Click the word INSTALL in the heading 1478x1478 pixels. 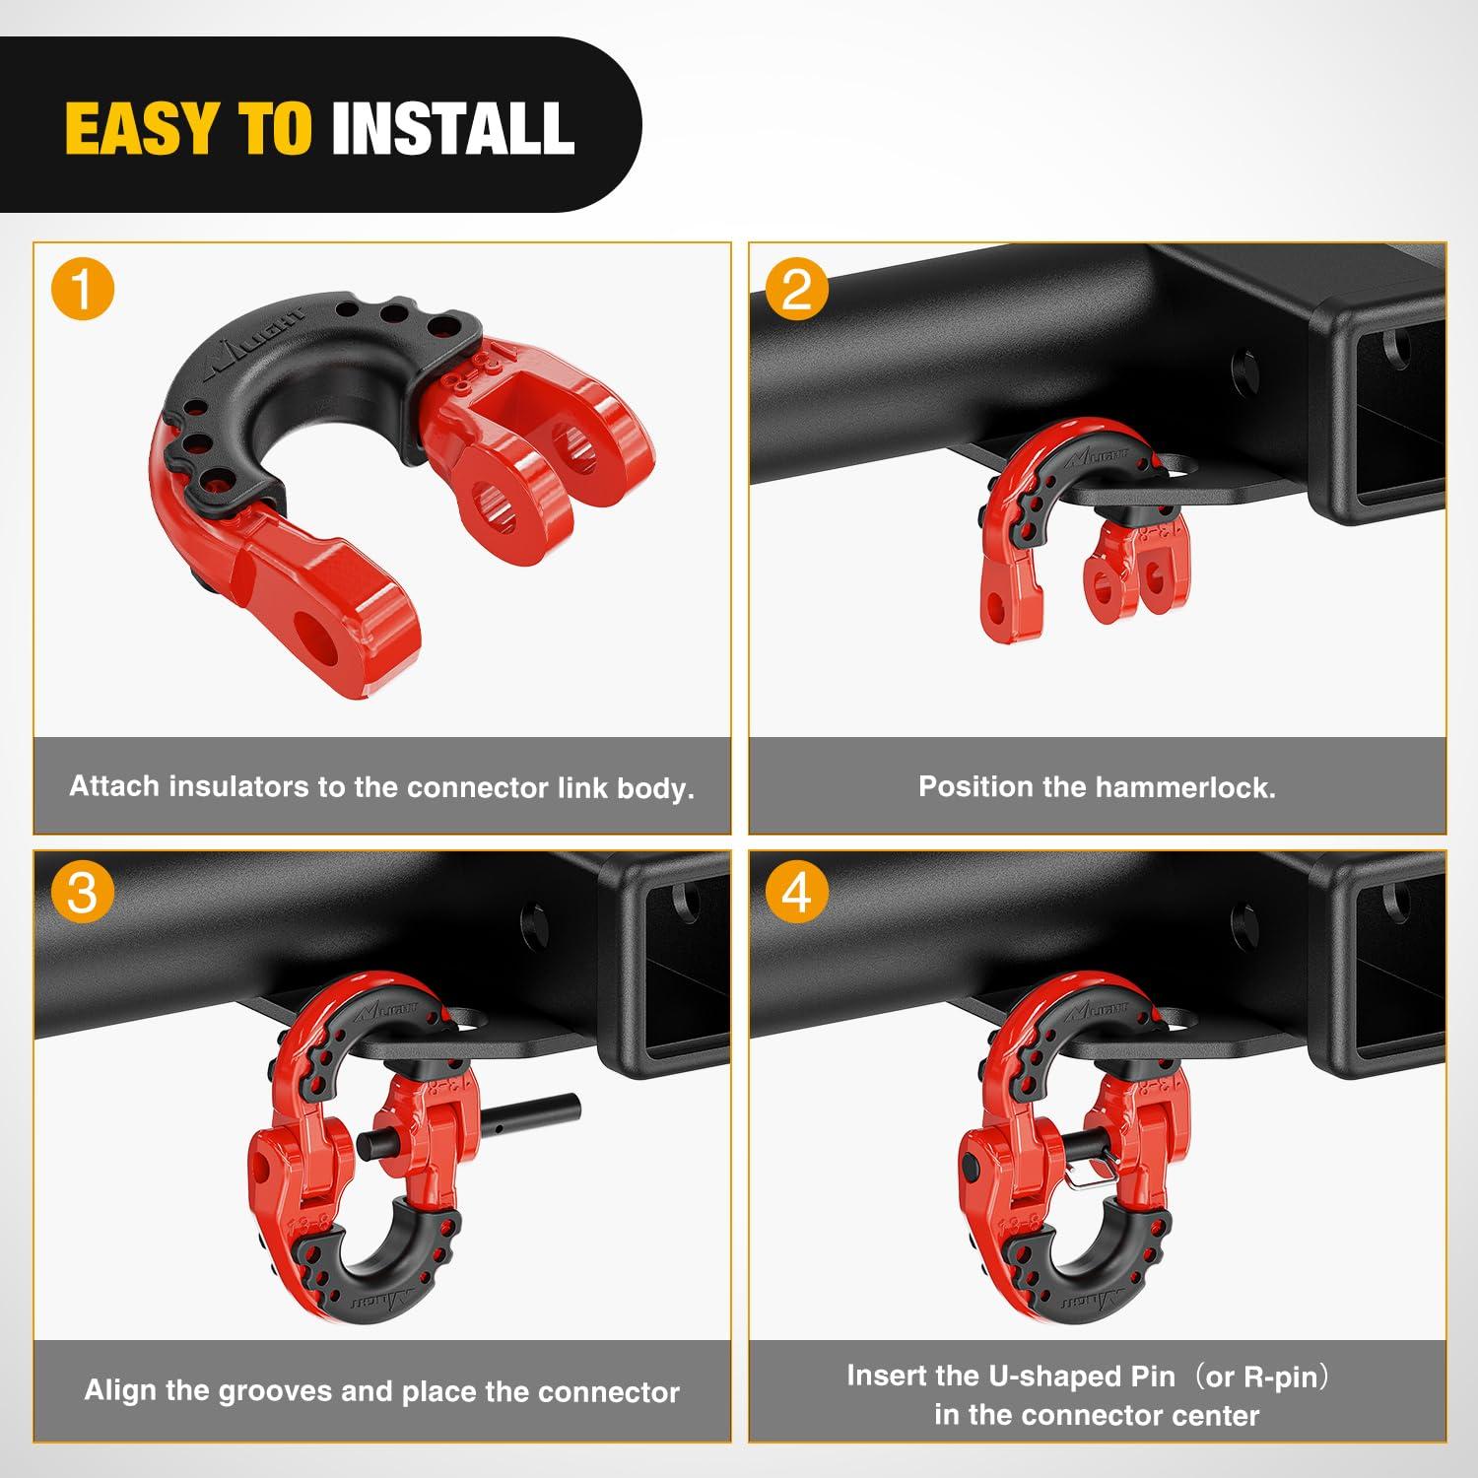tap(452, 128)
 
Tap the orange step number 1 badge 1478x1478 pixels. tap(83, 290)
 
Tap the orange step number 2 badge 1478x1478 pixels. tap(796, 290)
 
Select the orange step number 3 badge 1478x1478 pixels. tap(83, 893)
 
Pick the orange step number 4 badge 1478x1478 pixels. tap(796, 893)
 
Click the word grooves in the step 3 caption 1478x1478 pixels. tap(274, 1390)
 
